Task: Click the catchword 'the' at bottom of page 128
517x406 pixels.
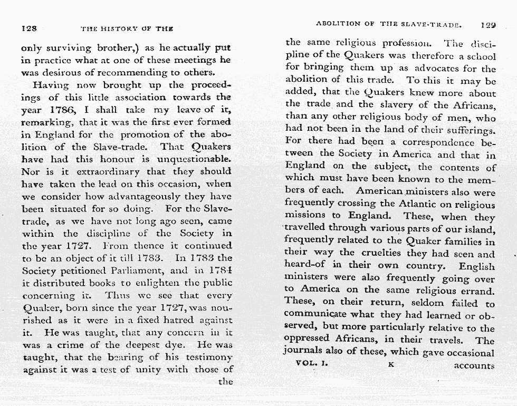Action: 225,381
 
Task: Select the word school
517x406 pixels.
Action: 479,56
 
